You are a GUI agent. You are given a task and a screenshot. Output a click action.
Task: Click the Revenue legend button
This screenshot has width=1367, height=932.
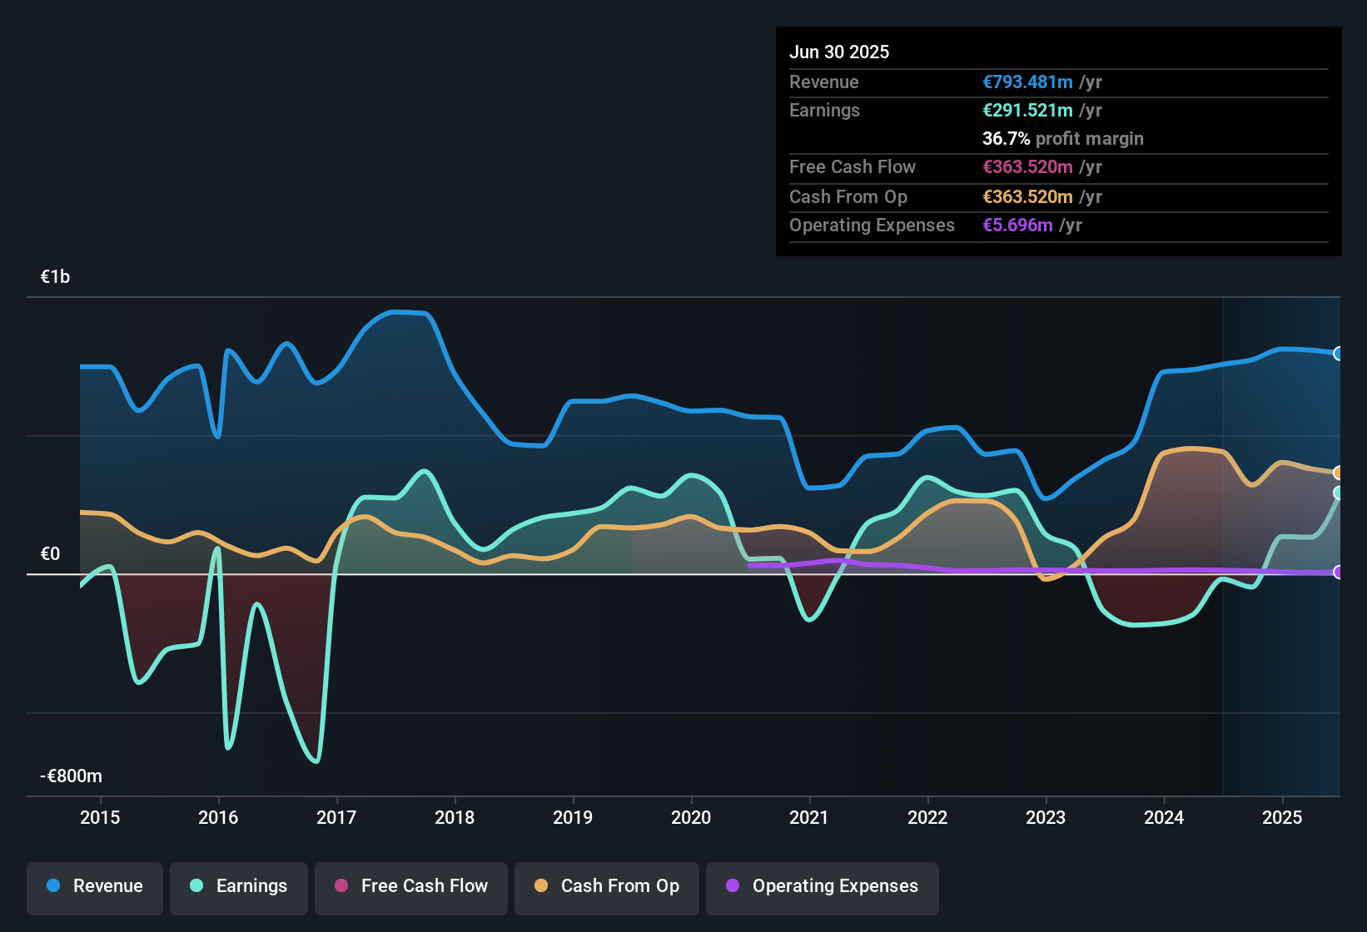click(x=95, y=886)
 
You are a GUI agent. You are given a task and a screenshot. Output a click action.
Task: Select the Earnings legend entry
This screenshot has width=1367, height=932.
click(x=238, y=886)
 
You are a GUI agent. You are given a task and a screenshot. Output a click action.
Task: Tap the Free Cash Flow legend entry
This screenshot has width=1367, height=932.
click(x=411, y=886)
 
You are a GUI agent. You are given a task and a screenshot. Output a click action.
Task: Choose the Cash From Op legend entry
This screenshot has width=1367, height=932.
click(x=607, y=886)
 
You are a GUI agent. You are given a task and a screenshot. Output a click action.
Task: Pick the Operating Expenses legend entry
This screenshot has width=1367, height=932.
click(x=822, y=886)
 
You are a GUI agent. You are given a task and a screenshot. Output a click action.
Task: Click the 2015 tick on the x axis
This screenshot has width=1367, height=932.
click(x=100, y=817)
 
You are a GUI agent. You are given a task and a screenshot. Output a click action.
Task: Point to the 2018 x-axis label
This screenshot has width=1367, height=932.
click(x=455, y=817)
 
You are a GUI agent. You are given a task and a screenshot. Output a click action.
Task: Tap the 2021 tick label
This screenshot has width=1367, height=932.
click(x=809, y=817)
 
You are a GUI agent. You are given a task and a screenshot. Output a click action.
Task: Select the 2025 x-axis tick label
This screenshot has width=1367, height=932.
click(x=1282, y=817)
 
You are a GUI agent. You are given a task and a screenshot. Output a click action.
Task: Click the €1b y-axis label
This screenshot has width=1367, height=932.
click(x=56, y=277)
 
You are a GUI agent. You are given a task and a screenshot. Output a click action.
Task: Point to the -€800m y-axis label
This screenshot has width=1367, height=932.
click(x=72, y=776)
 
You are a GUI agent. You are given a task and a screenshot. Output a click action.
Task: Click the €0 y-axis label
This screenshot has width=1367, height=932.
click(x=50, y=554)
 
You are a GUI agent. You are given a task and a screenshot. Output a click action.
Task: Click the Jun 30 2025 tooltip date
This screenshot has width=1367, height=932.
click(x=839, y=52)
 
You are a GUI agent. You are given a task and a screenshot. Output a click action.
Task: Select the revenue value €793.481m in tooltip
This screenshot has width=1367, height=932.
click(x=1027, y=82)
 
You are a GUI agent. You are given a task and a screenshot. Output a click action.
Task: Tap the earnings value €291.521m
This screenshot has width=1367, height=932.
click(x=1027, y=110)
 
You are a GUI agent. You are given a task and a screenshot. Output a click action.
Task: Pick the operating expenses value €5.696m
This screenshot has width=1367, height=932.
click(x=1017, y=225)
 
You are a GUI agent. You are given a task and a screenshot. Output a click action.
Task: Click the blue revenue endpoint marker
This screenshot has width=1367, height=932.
click(x=1338, y=354)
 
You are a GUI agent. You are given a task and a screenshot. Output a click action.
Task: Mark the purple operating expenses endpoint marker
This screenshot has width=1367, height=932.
click(x=1338, y=573)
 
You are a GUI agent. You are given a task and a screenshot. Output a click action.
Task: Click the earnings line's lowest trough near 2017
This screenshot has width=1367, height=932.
click(x=316, y=761)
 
